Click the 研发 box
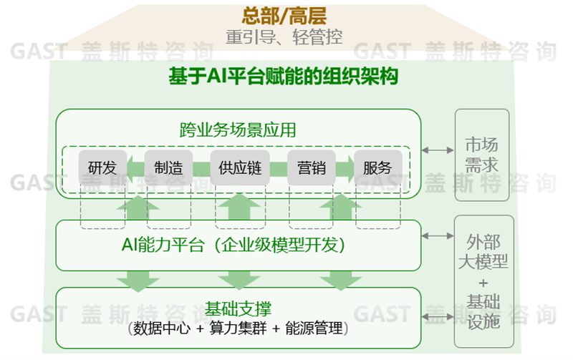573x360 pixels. (102, 168)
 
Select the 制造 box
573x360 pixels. (168, 168)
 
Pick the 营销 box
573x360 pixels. (311, 168)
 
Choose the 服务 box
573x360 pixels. (377, 168)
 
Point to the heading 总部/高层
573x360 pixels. (284, 16)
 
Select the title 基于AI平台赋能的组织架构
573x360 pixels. (283, 76)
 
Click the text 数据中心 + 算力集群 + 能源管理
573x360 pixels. (238, 329)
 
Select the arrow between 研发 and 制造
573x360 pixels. (135, 168)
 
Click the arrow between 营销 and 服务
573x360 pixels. (345, 168)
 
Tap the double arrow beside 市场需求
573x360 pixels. (437, 150)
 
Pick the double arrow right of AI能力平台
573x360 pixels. (437, 234)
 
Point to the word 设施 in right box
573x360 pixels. (483, 321)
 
